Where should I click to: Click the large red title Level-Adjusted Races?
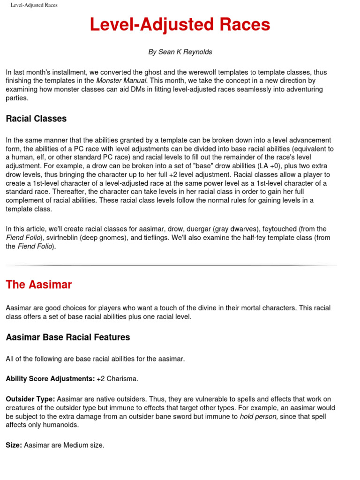pyautogui.click(x=180, y=25)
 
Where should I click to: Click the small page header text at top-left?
pyautogui.click(x=34, y=5)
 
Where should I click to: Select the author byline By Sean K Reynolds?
pyautogui.click(x=180, y=52)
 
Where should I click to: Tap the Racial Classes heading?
pyautogui.click(x=36, y=119)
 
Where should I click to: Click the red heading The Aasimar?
pyautogui.click(x=38, y=285)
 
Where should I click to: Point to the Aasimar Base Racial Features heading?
pyautogui.click(x=67, y=337)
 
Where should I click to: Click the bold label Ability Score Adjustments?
pyautogui.click(x=50, y=378)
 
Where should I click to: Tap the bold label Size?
pyautogui.click(x=14, y=445)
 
